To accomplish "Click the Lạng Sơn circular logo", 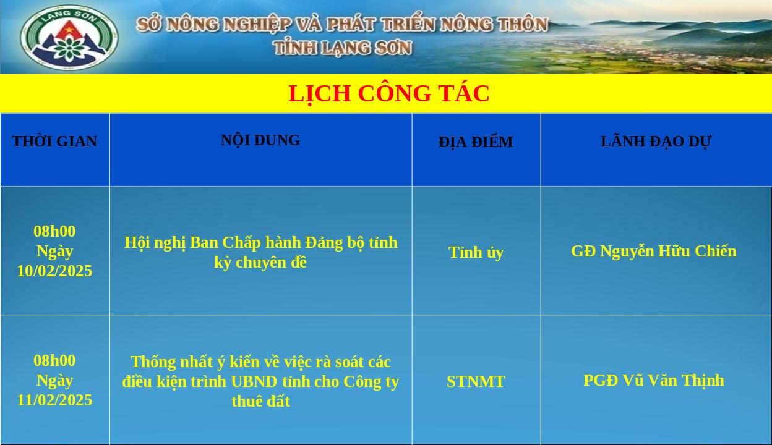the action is (69, 37).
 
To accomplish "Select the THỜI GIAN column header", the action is (54, 142).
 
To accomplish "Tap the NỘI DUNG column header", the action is (260, 140).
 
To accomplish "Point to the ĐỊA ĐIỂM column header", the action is (476, 142).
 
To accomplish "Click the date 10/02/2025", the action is (54, 271).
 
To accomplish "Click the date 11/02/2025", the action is (54, 400).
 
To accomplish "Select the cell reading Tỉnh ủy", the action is (476, 253).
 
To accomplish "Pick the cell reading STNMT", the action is (476, 381).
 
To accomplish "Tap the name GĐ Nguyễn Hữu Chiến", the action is (654, 252).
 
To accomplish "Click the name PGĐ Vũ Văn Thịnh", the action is (654, 381).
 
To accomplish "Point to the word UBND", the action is (254, 381).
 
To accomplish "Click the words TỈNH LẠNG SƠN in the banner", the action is (343, 48).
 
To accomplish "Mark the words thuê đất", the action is (260, 402).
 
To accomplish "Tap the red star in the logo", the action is (69, 30).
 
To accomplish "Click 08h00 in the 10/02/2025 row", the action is (54, 231).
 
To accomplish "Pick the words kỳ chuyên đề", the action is (260, 263).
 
